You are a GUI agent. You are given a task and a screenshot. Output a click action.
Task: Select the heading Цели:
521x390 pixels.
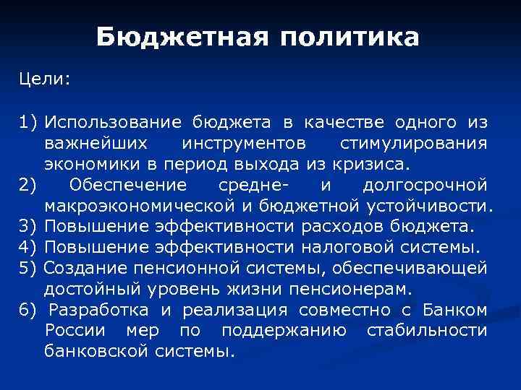click(45, 79)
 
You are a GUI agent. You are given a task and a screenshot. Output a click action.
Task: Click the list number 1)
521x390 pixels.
click(29, 121)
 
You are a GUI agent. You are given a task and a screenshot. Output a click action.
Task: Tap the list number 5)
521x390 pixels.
click(29, 269)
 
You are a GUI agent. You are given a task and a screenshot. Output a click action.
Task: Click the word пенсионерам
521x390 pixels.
click(349, 290)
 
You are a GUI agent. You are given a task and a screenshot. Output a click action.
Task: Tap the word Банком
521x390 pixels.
click(458, 311)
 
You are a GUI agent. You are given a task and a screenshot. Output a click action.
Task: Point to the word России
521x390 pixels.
click(71, 331)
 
